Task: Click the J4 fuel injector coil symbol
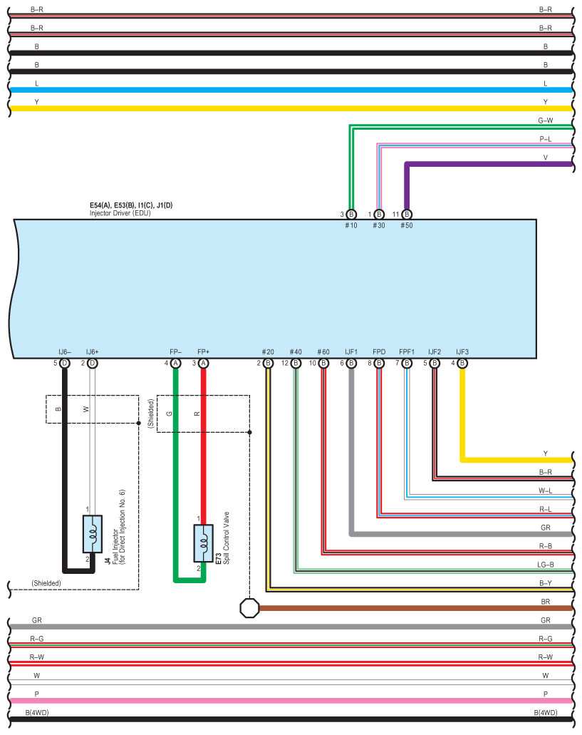point(92,534)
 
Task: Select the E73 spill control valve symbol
point(203,543)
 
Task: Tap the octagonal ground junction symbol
point(249,608)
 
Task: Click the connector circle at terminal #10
point(351,214)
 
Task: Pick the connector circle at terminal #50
point(407,214)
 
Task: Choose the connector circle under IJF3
point(462,364)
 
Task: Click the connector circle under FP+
point(203,364)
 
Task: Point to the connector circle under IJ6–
point(65,364)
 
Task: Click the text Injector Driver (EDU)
point(120,213)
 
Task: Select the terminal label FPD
point(379,352)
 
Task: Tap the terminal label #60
point(323,352)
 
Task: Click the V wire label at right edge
point(546,158)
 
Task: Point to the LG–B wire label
point(546,565)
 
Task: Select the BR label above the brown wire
point(546,602)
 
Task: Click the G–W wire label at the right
point(546,120)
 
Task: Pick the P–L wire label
point(546,139)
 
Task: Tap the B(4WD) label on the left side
point(37,712)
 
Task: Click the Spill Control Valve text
point(226,538)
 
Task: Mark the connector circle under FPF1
point(407,364)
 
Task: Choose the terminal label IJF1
point(351,352)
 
